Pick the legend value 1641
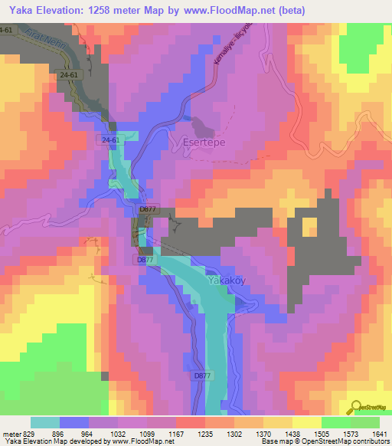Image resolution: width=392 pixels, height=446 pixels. [x=375, y=434]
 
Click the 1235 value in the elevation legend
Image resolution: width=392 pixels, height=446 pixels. [x=203, y=434]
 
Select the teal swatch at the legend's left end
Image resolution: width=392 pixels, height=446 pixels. [x=45, y=422]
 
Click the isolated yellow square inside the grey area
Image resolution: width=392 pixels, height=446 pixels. [x=309, y=227]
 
